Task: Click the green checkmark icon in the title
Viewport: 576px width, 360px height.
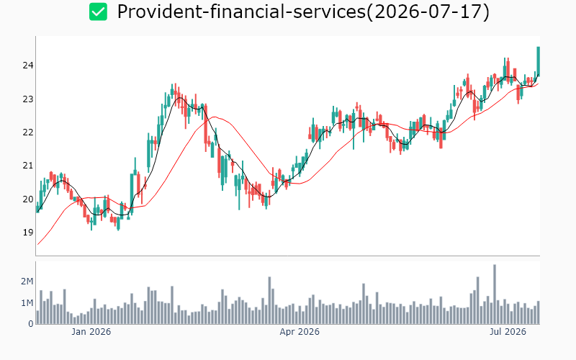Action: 98,12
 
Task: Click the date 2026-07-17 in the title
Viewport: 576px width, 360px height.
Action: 428,12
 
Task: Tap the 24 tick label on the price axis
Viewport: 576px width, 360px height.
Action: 28,66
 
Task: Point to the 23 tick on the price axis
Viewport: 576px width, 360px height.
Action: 28,99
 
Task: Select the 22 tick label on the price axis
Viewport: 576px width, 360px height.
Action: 28,132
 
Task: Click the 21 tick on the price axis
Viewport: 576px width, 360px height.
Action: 28,166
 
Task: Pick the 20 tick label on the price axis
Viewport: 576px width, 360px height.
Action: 28,199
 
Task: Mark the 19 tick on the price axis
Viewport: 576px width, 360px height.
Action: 28,233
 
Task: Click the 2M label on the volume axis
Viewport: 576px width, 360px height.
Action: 27,282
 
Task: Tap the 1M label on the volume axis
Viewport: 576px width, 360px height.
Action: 27,303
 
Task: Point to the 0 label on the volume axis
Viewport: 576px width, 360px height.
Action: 31,324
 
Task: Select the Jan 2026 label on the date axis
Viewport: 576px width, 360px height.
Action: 91,332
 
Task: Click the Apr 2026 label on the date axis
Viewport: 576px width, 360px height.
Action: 300,332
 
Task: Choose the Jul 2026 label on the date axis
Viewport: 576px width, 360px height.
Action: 508,332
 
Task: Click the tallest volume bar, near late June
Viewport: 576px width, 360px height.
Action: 495,294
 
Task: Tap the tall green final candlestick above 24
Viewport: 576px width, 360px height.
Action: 538,61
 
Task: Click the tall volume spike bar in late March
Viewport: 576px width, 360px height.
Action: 269,300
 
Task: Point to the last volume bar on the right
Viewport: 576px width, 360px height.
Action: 538,312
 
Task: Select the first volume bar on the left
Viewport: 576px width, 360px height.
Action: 37,318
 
